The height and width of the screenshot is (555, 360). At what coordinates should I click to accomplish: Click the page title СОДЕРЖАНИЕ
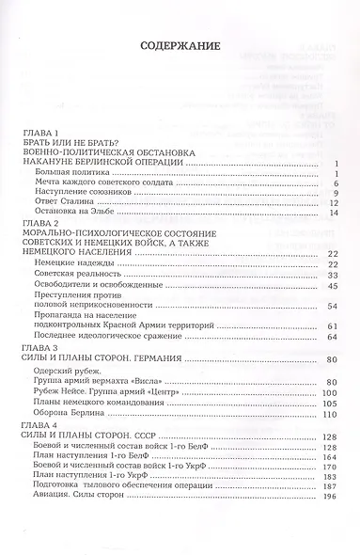coord(180,44)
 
